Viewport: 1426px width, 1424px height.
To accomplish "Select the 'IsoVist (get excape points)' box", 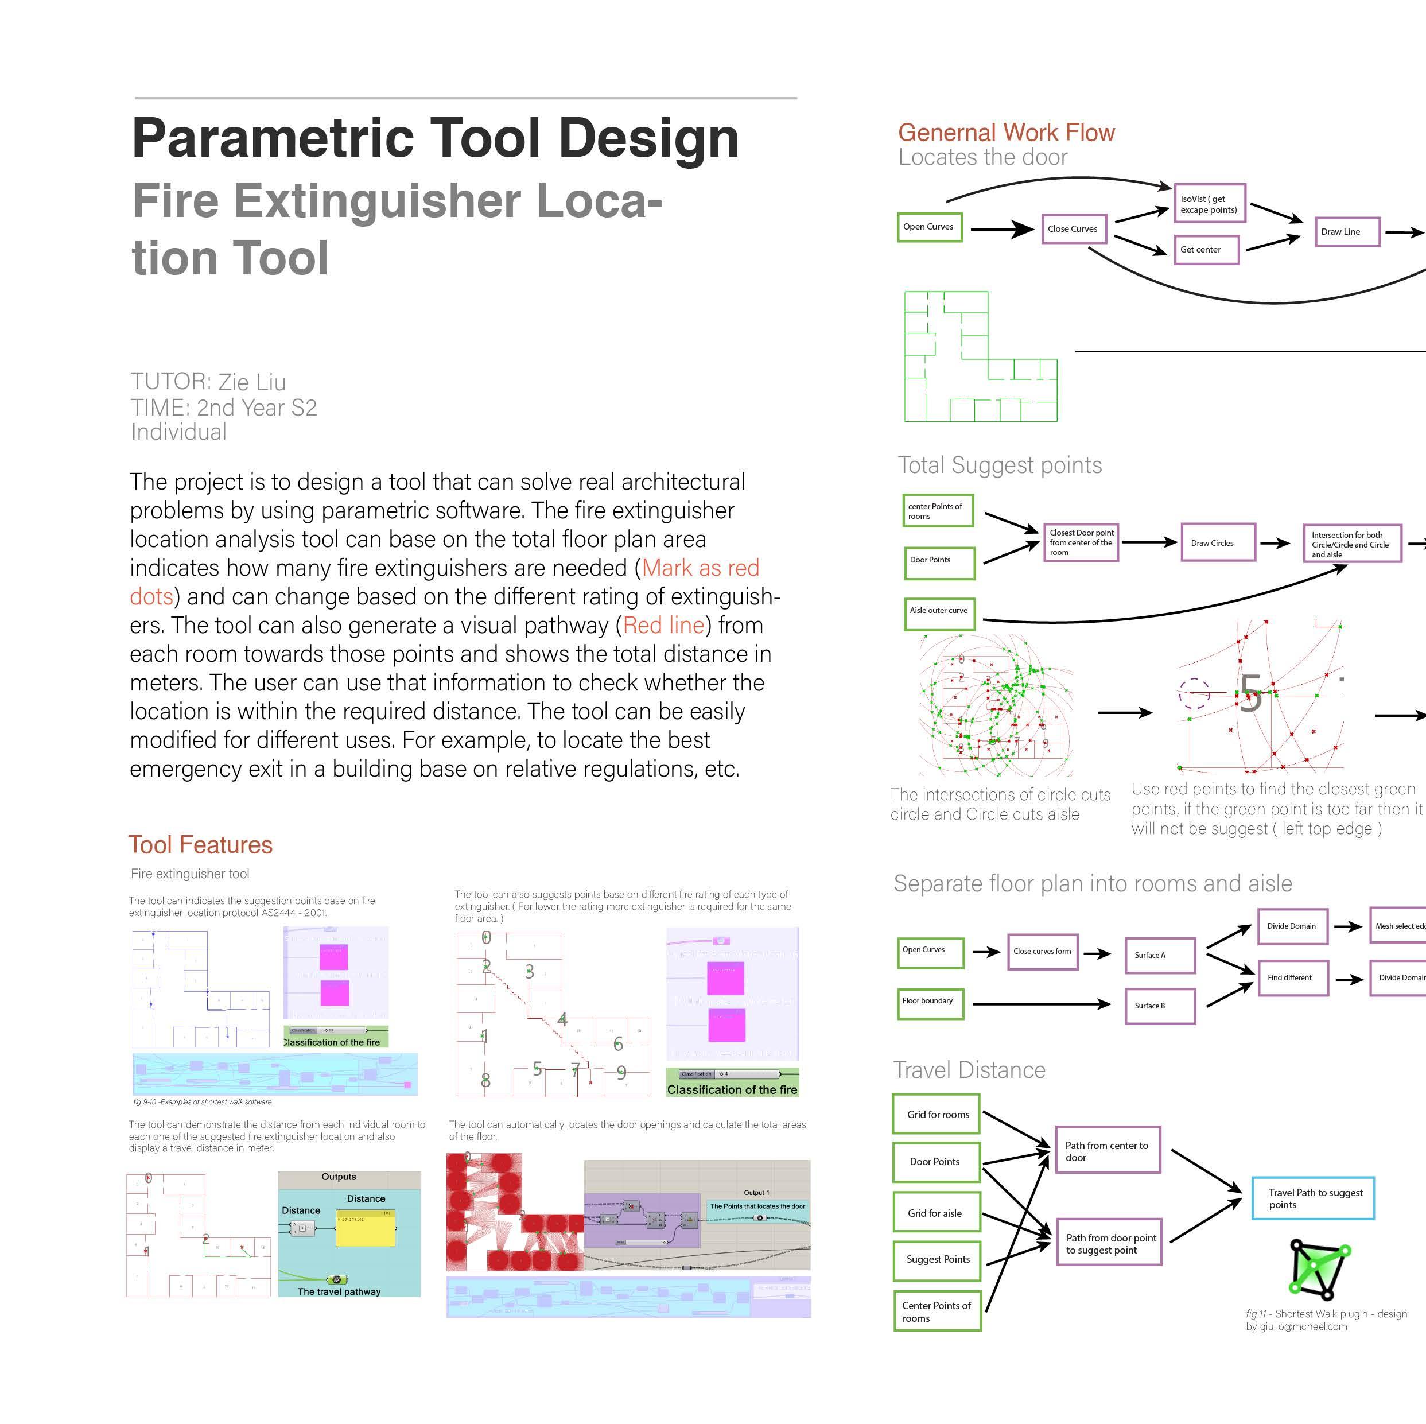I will tap(1210, 204).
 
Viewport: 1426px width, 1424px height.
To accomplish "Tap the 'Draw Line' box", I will tap(1346, 232).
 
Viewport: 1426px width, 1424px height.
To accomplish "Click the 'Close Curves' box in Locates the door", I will tap(1073, 229).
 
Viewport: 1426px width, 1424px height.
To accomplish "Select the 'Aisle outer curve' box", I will tap(939, 611).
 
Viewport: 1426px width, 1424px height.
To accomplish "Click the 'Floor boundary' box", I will tap(930, 1003).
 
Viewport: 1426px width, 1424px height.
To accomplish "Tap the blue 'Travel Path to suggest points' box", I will tap(1312, 1198).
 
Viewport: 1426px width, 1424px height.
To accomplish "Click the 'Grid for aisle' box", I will tap(936, 1213).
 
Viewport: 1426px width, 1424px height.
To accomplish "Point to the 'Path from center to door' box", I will tap(1107, 1150).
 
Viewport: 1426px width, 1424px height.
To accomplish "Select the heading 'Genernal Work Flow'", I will tap(1006, 133).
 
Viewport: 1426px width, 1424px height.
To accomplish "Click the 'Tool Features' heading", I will tap(201, 844).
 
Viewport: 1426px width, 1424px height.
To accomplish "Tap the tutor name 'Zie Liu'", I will tap(252, 382).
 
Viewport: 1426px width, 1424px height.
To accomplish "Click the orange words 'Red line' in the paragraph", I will tap(663, 625).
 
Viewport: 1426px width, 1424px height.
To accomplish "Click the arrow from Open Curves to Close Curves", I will tap(1001, 230).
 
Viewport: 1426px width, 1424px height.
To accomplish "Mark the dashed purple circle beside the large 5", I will tap(1194, 694).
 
